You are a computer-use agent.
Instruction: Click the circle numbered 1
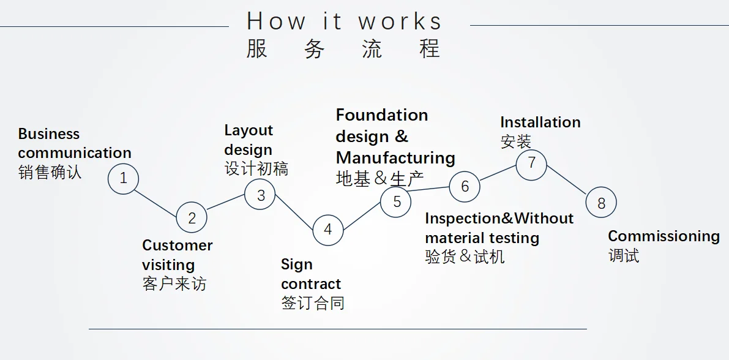124,179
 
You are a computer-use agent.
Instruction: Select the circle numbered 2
192,218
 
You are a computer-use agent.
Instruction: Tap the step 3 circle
260,195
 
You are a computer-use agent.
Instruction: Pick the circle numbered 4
328,230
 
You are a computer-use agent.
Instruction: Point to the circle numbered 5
396,201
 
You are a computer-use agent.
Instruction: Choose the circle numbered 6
465,186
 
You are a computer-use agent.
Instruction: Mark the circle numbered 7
531,163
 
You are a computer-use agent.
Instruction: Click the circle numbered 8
600,203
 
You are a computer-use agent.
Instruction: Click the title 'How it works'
344,21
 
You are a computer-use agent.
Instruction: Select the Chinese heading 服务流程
343,48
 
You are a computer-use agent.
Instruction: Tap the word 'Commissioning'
664,236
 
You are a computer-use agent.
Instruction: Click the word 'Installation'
540,122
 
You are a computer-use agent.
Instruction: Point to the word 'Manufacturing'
395,158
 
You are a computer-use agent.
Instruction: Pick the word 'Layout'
249,130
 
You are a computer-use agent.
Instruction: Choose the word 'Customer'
177,246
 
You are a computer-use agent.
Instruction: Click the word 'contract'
311,284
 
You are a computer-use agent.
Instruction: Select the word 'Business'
49,134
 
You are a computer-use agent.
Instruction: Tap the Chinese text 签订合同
312,303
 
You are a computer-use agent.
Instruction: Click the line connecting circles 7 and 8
566,184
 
